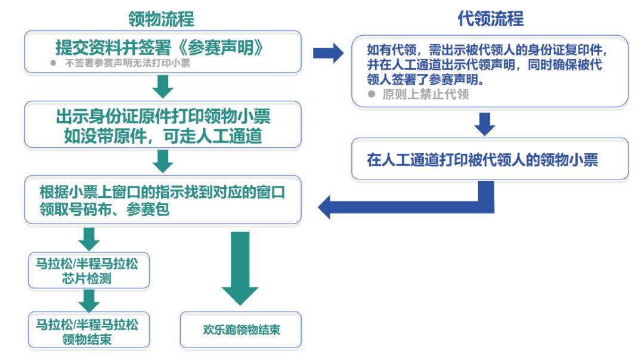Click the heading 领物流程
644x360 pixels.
point(161,18)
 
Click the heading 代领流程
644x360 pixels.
point(490,18)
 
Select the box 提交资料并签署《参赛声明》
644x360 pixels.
point(162,52)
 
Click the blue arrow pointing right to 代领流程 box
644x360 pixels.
point(328,54)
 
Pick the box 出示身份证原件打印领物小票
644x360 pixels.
point(162,125)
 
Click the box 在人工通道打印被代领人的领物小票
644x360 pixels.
point(490,159)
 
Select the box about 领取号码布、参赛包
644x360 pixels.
point(162,201)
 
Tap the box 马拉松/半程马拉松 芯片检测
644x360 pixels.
point(89,271)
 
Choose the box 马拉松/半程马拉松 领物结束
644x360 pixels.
point(89,331)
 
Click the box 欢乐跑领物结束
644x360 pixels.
point(241,330)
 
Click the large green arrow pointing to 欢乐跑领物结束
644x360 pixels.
point(240,268)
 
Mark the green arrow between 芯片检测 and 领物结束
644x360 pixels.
point(89,300)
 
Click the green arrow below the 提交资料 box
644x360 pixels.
point(163,87)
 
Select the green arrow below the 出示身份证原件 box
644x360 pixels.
point(163,161)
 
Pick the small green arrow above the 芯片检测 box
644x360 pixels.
point(89,239)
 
